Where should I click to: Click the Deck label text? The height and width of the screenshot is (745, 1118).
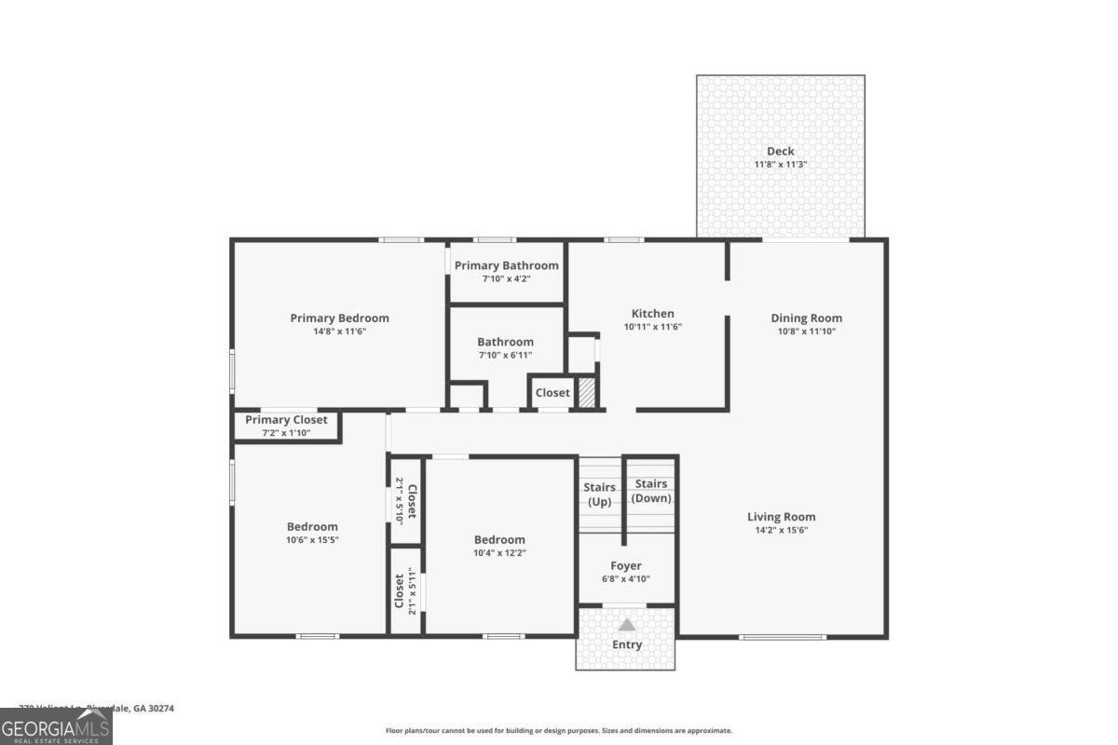781,151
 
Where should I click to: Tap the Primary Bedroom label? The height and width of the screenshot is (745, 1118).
339,318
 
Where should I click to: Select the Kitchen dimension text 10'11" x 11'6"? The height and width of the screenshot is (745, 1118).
653,327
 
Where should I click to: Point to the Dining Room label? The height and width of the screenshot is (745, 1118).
806,318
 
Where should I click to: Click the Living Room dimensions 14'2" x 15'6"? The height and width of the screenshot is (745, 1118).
781,530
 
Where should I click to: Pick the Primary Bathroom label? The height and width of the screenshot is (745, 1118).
506,265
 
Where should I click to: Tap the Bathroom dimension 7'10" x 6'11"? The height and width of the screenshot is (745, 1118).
506,355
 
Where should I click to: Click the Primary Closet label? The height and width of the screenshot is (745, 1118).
286,420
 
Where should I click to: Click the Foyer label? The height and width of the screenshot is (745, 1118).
626,565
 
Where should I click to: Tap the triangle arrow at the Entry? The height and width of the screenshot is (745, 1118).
627,625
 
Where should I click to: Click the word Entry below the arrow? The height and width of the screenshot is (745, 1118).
627,644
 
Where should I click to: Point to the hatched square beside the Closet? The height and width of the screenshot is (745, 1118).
586,392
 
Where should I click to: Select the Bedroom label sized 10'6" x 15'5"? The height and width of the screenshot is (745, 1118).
312,526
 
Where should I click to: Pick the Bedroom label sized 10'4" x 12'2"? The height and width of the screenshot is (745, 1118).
499,539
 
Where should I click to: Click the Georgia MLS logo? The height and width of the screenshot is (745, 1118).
56,726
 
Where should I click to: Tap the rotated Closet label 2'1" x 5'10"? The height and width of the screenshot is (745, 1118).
406,501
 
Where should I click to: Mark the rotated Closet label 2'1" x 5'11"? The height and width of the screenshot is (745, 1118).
405,591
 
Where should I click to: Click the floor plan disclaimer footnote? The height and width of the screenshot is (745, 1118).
559,731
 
